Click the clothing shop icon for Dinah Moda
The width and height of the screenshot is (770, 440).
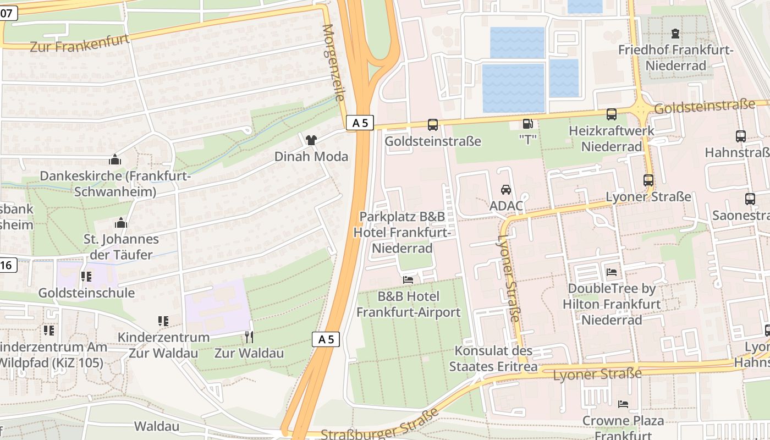point(311,140)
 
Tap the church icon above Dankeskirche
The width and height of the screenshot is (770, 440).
point(115,160)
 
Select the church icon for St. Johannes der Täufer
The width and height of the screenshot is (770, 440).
point(121,223)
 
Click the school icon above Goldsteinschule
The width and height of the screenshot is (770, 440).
point(86,277)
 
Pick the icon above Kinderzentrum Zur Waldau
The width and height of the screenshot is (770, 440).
point(163,321)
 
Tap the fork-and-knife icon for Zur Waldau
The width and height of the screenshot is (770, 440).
point(249,337)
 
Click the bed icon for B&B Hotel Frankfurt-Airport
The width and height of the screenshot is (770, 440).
point(408,280)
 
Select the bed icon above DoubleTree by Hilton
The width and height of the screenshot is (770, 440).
point(612,272)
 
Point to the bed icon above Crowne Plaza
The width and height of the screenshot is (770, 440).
point(623,404)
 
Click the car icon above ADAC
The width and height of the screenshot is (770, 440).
point(505,190)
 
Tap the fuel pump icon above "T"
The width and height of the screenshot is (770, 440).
point(527,124)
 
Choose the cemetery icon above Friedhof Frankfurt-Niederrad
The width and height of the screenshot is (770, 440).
point(675,34)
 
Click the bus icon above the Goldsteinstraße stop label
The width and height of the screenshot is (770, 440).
point(433,125)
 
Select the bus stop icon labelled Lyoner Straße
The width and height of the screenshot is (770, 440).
point(648,180)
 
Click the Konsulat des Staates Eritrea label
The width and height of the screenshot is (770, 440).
point(493,359)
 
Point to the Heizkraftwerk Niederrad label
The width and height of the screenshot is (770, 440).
point(612,139)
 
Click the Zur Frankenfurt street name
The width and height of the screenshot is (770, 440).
point(80,43)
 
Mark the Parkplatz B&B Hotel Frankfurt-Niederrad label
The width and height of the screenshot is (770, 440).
point(402,232)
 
